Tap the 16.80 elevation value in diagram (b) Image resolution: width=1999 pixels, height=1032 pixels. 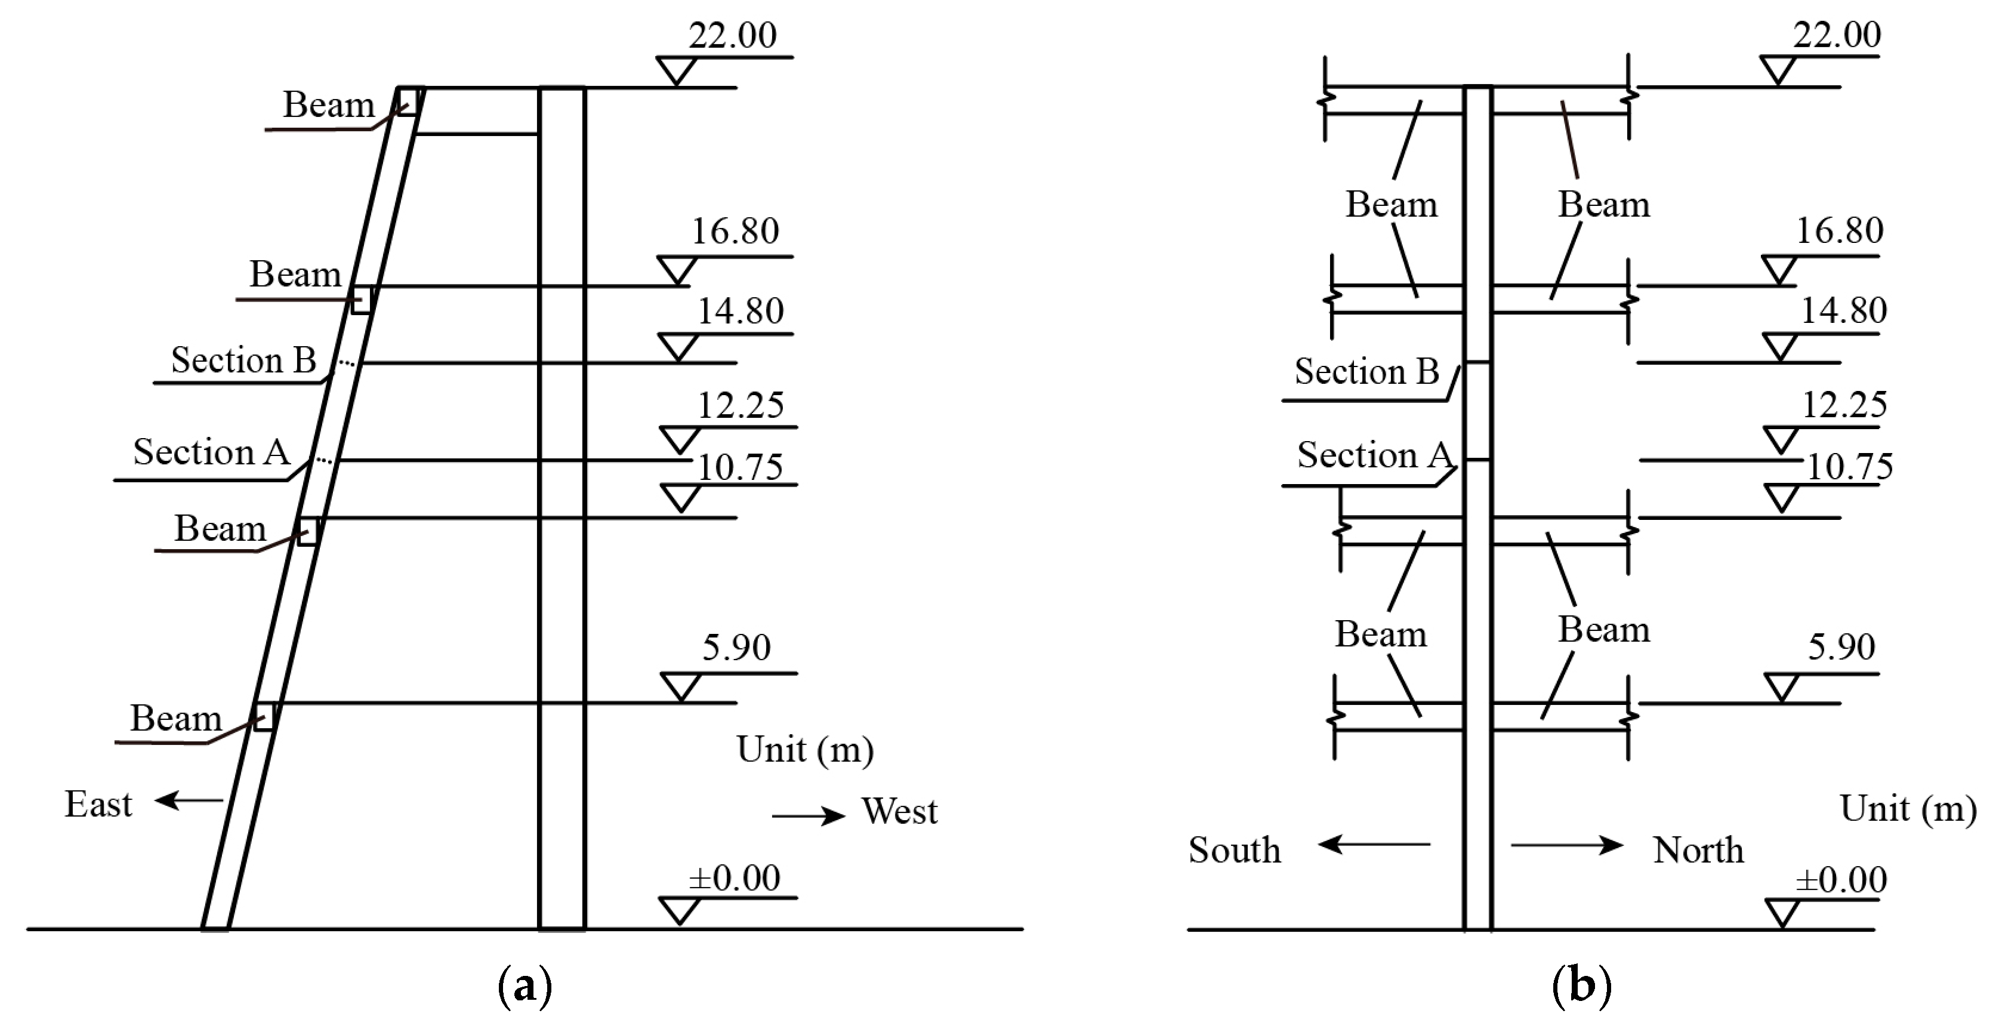1839,230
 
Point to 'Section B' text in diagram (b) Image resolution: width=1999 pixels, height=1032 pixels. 1366,372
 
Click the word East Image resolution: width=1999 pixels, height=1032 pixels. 98,805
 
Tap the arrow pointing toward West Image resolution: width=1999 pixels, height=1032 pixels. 808,815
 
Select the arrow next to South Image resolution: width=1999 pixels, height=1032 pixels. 1374,843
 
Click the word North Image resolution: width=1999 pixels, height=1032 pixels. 1698,851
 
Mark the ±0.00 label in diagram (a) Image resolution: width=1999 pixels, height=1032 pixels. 734,879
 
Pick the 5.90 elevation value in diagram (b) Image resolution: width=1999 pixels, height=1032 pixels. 1841,647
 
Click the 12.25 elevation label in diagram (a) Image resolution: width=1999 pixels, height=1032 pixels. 741,406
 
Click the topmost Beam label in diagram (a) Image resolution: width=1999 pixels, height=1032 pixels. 328,106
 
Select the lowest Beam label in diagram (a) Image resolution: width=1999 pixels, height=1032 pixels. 175,719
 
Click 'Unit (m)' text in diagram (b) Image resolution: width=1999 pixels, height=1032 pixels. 1908,809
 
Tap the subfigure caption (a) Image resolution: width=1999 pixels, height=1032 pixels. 525,985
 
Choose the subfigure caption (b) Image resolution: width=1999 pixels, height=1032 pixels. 1581,985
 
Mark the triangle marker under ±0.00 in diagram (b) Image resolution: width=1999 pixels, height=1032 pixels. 1782,913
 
